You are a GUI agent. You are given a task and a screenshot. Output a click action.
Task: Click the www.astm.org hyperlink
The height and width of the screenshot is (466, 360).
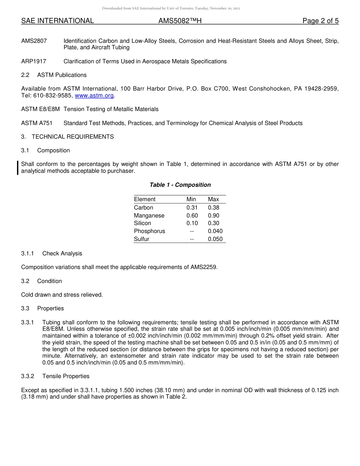click(94, 96)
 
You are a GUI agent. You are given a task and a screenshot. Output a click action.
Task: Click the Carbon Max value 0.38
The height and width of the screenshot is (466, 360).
click(213, 208)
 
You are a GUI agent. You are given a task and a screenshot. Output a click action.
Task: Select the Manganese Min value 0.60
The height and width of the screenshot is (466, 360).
click(192, 216)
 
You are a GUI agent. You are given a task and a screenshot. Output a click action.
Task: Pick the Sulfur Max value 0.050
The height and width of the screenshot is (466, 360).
click(215, 239)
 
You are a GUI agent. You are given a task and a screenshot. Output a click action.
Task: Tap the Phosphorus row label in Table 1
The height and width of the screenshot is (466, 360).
click(149, 231)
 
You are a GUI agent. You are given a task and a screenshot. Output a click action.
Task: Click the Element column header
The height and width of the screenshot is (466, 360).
click(145, 199)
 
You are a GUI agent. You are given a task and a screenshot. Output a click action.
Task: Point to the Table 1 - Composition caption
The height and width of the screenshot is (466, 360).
click(180, 185)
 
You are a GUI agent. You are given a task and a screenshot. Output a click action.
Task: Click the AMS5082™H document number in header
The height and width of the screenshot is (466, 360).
click(180, 21)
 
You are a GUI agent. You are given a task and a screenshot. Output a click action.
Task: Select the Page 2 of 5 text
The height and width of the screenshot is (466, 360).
click(320, 21)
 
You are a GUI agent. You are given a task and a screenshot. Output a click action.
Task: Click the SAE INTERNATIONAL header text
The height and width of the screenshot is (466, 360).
click(58, 21)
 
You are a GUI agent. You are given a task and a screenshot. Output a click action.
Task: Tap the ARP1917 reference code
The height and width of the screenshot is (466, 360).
click(34, 61)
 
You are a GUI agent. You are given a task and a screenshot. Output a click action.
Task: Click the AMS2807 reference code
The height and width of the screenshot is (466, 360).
click(34, 41)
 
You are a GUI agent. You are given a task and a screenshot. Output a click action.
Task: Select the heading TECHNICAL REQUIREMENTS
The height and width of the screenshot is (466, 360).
click(73, 137)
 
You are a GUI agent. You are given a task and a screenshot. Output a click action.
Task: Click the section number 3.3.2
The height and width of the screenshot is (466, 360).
click(28, 376)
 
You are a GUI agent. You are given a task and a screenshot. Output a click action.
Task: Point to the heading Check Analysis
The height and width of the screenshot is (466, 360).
click(62, 253)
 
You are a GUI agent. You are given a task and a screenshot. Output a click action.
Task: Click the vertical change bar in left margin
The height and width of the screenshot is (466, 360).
click(17, 168)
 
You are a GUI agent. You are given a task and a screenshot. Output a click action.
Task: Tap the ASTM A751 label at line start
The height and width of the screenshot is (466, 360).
click(37, 123)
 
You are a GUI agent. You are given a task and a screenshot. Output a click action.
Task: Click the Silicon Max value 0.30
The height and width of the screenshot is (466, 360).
click(213, 223)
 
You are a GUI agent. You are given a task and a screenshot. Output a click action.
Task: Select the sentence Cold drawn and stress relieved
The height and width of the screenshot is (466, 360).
click(62, 295)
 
